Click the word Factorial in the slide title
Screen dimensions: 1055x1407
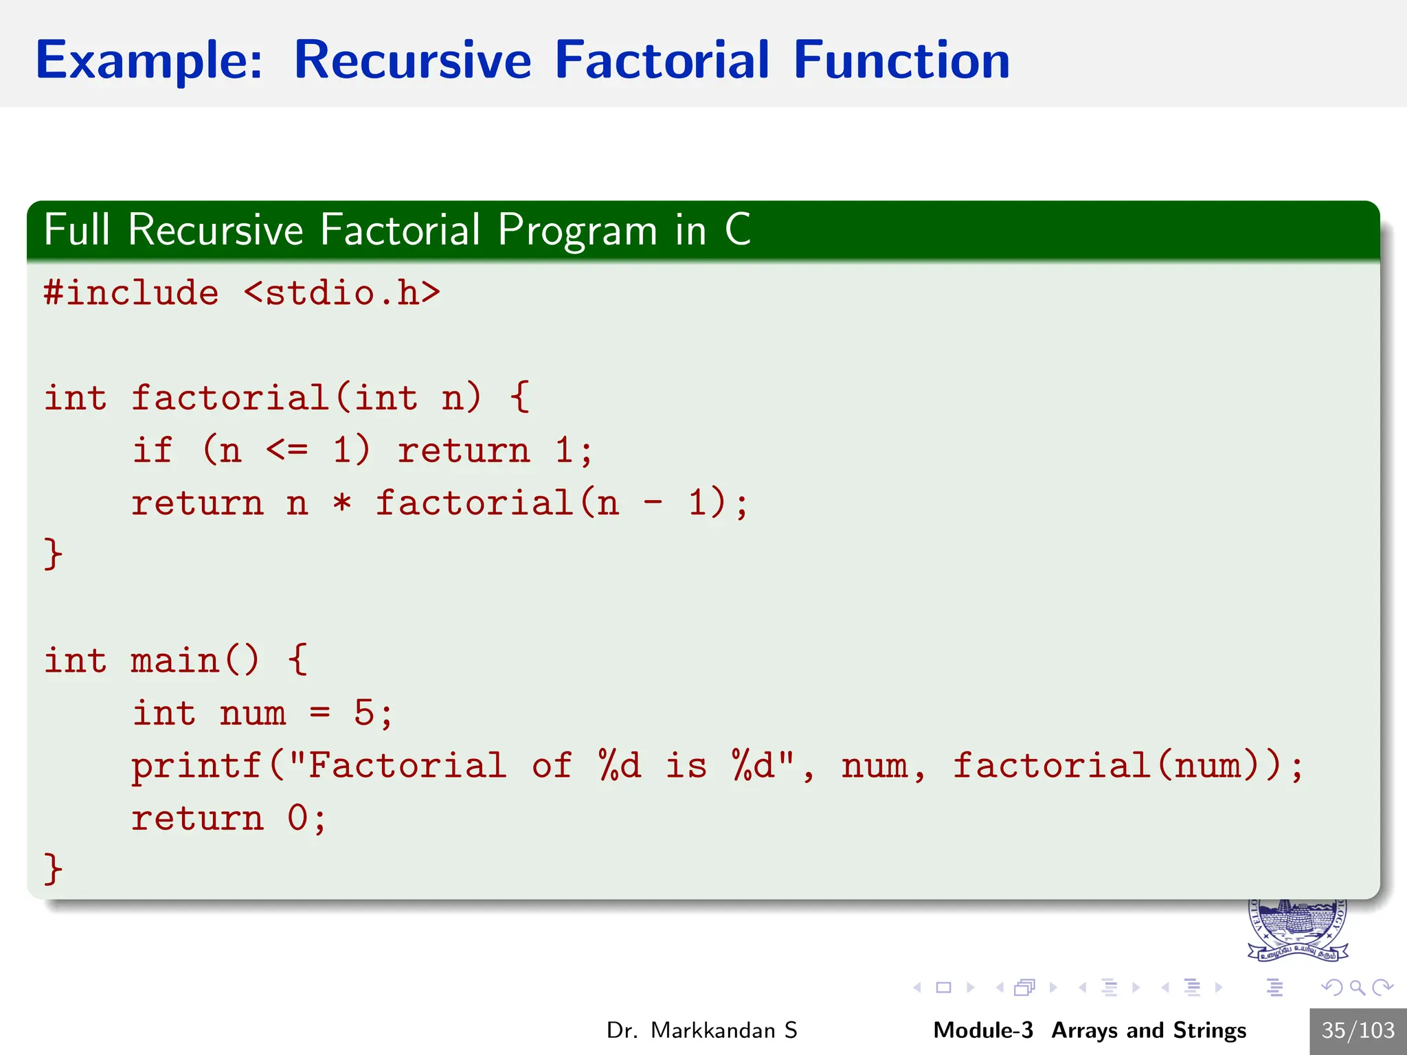662,60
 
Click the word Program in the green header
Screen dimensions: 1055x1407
577,230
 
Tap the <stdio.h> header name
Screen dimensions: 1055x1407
341,293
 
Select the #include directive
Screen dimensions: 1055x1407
131,293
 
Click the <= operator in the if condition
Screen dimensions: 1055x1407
286,451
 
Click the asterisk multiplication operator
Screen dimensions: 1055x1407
342,503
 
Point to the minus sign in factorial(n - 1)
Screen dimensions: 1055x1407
653,503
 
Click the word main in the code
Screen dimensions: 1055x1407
175,661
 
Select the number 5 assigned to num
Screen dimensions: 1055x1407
363,714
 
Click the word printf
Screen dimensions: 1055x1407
196,767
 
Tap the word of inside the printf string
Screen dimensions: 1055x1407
551,767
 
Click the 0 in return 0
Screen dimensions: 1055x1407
297,819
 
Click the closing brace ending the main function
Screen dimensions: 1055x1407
53,870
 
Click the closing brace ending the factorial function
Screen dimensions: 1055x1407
53,554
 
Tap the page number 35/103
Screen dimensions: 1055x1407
1358,1030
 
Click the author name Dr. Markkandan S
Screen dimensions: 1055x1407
701,1030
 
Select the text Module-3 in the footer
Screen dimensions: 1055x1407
982,1030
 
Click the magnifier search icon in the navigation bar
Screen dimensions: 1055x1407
1356,988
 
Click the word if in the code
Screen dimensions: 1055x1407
153,451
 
